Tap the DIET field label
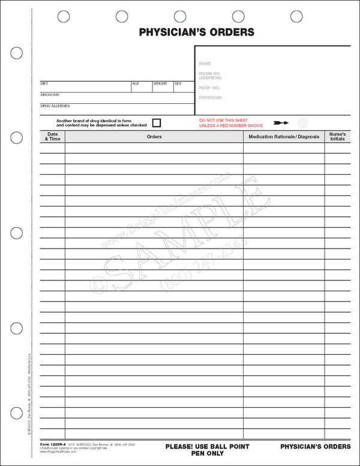tap(44, 83)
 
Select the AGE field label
tap(136, 83)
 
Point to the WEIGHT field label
tap(160, 83)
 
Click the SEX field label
tap(178, 83)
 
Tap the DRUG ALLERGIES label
tap(55, 106)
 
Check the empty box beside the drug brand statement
tap(157, 123)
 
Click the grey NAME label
tap(205, 63)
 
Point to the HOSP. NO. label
tap(208, 87)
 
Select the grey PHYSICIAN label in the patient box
tap(210, 97)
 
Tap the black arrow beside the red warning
tap(280, 123)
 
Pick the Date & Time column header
tap(53, 136)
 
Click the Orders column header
tap(154, 137)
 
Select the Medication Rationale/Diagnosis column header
tap(284, 137)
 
